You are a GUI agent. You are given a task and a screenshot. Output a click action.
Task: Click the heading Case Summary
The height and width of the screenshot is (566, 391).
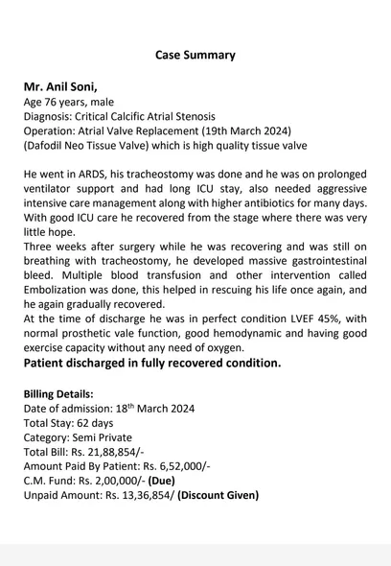(x=195, y=55)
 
